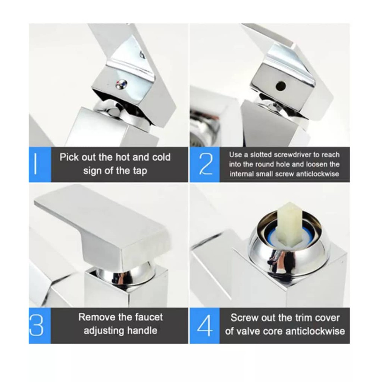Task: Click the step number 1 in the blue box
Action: (36, 164)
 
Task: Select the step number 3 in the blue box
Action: (36, 326)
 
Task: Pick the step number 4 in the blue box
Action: (205, 326)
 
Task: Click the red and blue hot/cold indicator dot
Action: (121, 85)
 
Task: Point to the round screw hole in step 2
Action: (281, 85)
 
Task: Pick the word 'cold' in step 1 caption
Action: (161, 157)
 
